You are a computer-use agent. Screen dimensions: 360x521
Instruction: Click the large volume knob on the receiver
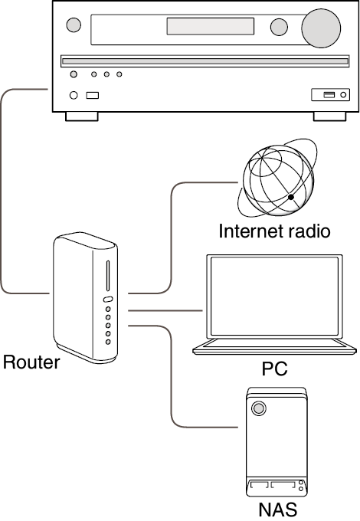tap(321, 28)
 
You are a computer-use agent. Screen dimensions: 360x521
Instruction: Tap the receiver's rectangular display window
tap(210, 26)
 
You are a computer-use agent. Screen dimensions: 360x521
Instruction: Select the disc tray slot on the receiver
tap(205, 61)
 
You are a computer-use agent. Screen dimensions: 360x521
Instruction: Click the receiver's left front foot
tap(82, 116)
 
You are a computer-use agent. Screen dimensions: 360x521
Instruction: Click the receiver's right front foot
tap(330, 116)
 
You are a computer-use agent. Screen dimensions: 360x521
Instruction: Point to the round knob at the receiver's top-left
tap(74, 25)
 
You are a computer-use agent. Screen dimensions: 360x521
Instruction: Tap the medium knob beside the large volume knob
tap(279, 27)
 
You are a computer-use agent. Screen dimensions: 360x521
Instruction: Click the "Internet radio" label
tap(274, 231)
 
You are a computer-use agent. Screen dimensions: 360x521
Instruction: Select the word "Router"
tap(31, 362)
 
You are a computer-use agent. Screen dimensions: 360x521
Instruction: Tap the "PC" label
tap(274, 369)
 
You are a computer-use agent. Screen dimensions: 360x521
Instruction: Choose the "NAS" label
tap(277, 510)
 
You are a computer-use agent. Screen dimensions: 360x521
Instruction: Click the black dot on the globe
tap(291, 197)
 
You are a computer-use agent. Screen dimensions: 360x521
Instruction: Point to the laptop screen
tap(274, 297)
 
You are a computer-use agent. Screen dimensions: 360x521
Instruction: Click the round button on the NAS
tap(259, 408)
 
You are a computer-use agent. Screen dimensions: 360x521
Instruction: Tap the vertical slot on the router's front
tap(107, 276)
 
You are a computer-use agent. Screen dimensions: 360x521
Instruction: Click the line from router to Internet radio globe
tap(172, 238)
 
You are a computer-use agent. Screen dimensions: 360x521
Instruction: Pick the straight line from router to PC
tap(165, 310)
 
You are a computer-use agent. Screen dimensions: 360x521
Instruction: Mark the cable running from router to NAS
tap(172, 376)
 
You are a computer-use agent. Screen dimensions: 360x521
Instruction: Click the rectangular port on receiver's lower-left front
tap(93, 95)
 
